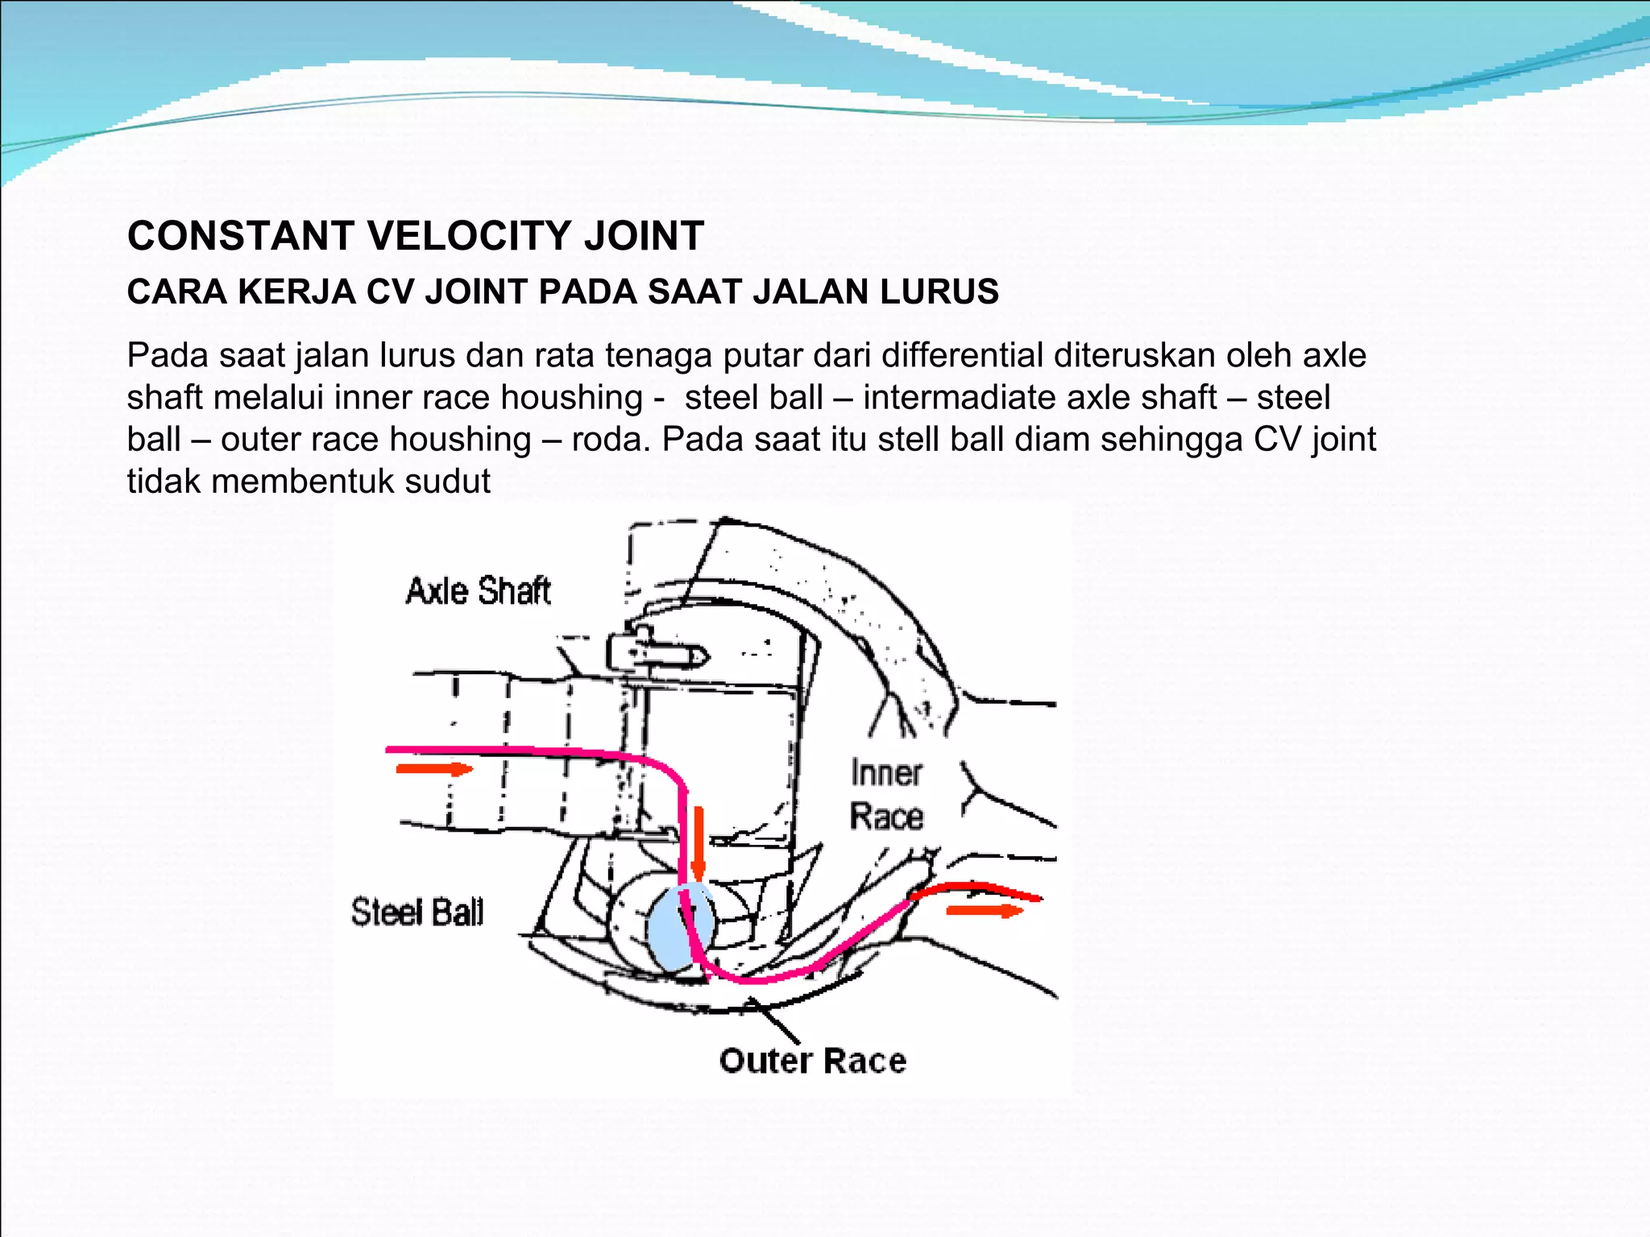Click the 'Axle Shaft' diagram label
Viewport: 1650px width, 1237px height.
478,591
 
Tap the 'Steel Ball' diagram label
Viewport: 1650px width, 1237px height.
417,912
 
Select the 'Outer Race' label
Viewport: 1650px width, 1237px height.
812,1061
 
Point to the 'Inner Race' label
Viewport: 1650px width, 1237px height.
886,795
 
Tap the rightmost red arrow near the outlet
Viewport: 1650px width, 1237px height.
984,911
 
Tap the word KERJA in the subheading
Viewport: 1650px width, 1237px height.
297,292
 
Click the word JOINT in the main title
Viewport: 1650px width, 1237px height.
644,236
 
